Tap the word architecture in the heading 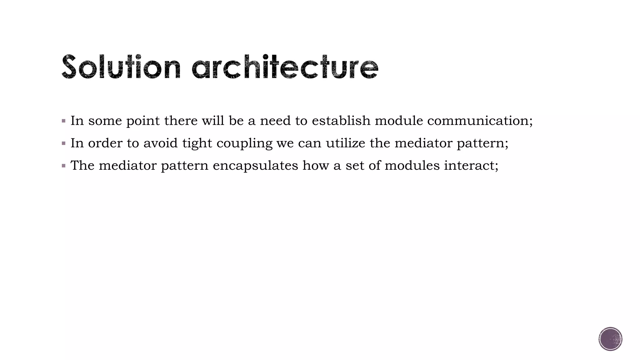[x=285, y=67]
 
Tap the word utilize [x=345, y=143]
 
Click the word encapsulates [x=255, y=166]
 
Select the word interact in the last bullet [x=471, y=166]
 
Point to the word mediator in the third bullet [x=127, y=166]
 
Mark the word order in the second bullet [x=105, y=143]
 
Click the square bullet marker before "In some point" [x=64, y=121]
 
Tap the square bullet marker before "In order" [x=64, y=143]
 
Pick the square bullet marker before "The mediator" [x=64, y=166]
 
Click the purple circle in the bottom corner [x=610, y=339]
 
